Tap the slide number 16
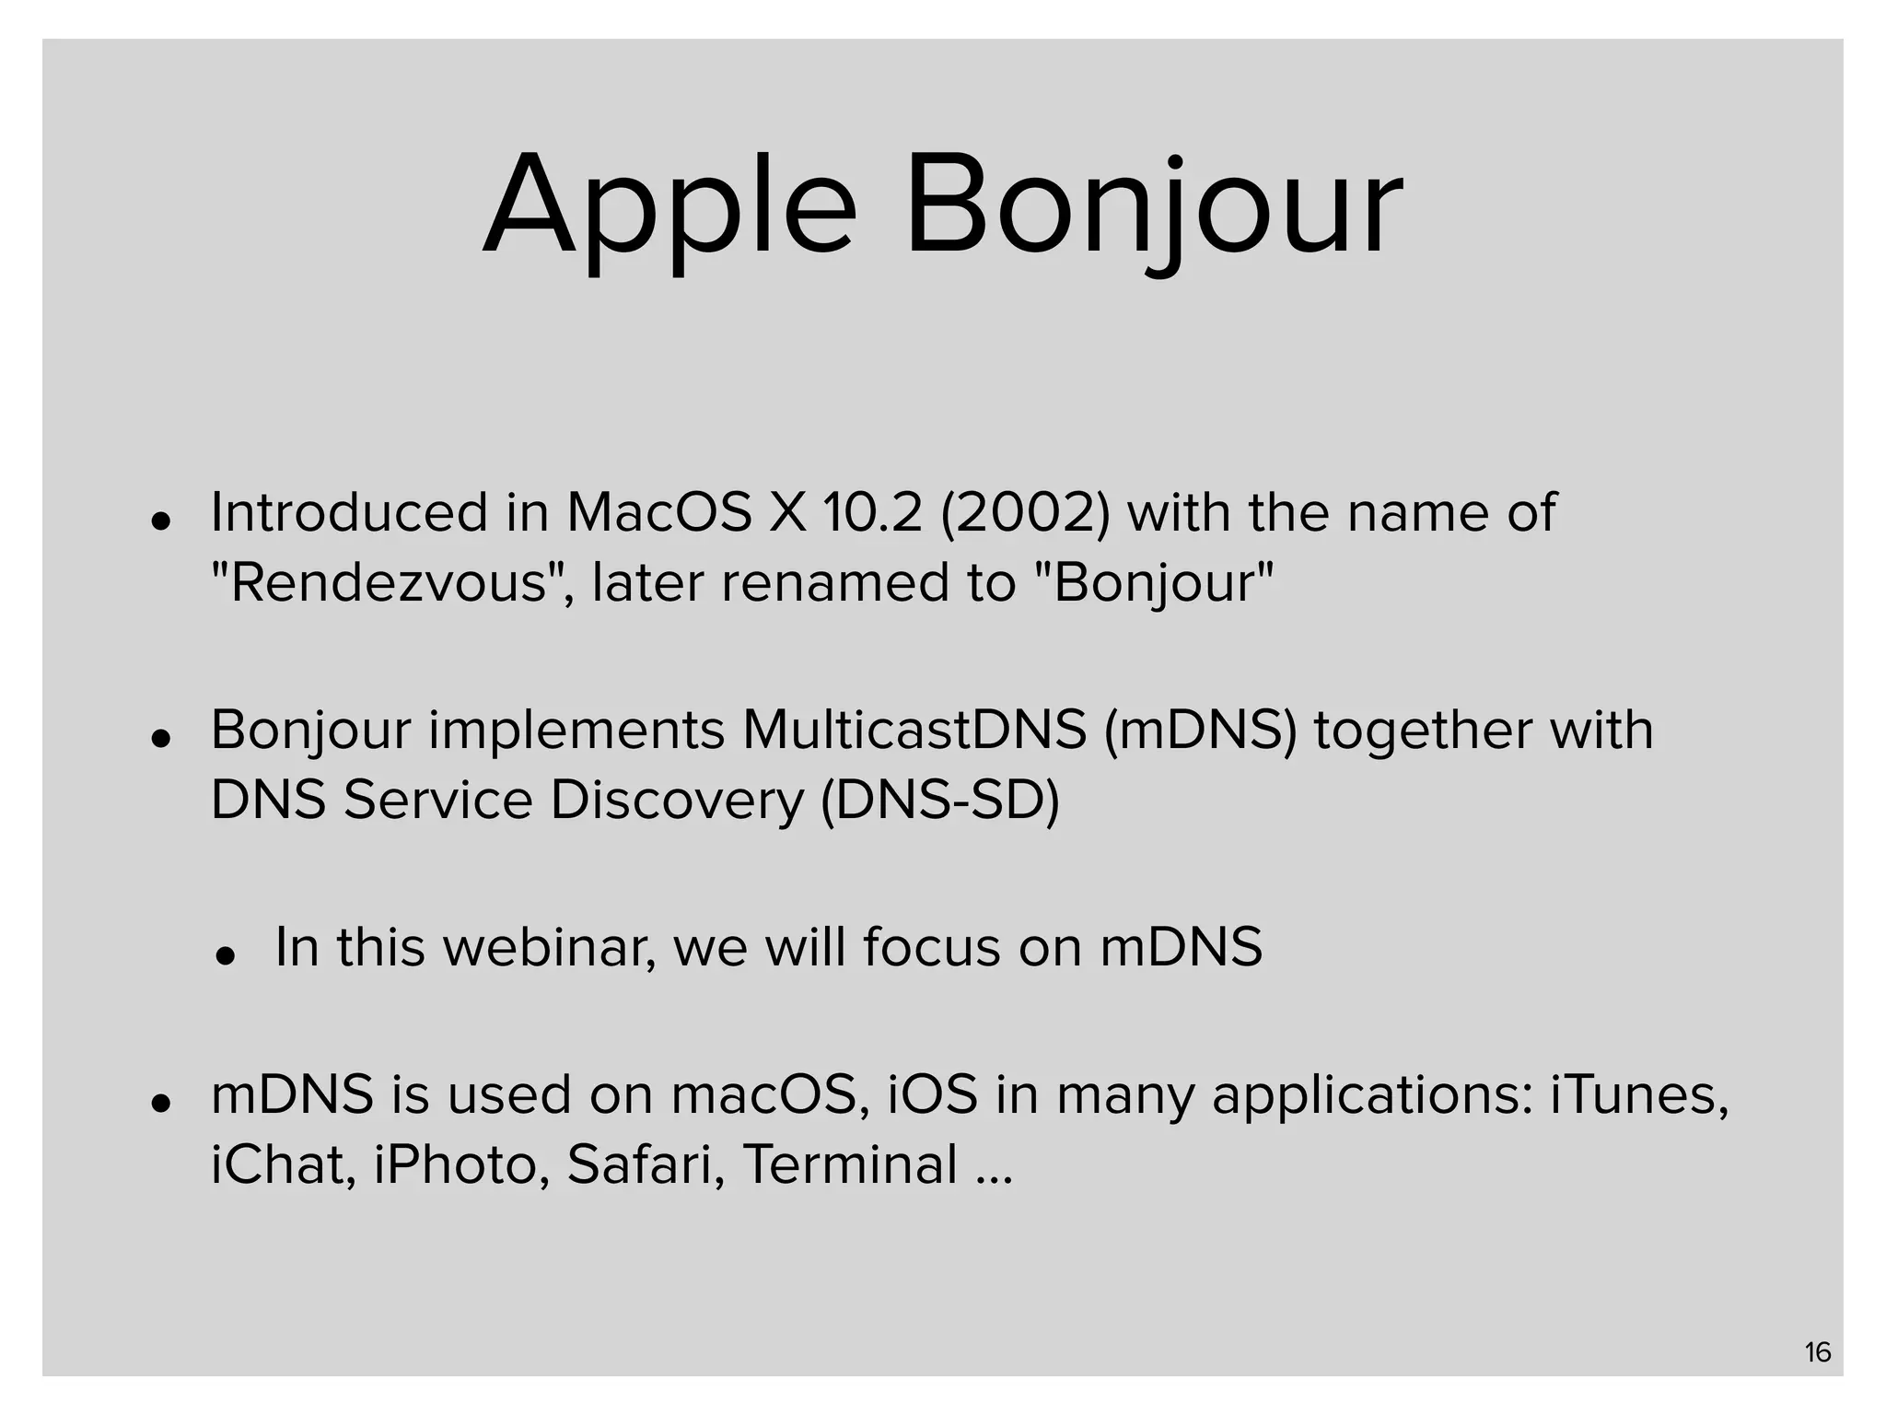1817,1352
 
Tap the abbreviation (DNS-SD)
939,800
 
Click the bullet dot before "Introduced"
162,521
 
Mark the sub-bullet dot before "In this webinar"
226,956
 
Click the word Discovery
677,800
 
